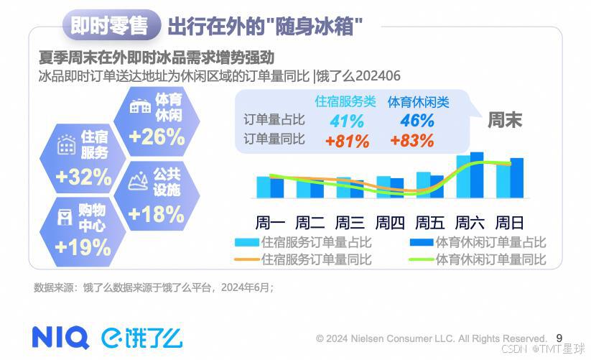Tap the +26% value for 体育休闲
click(157, 137)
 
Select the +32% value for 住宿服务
click(83, 177)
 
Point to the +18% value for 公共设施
click(156, 214)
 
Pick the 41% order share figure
click(347, 121)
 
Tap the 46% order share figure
click(417, 121)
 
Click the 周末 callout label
click(505, 120)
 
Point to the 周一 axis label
click(271, 221)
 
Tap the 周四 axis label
click(391, 221)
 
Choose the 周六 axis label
click(470, 221)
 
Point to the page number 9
click(559, 337)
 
